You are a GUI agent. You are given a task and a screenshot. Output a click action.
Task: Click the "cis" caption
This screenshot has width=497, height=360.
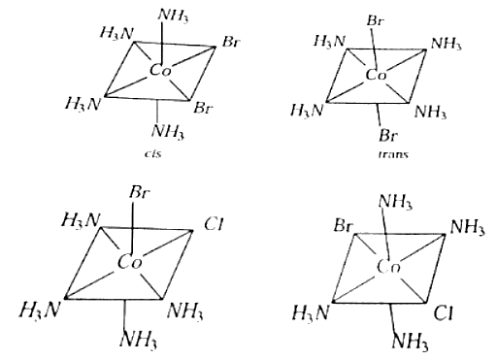click(x=152, y=154)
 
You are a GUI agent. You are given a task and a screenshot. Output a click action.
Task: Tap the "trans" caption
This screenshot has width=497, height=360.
click(x=393, y=154)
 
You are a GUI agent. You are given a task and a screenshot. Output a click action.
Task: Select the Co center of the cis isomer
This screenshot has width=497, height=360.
click(x=160, y=70)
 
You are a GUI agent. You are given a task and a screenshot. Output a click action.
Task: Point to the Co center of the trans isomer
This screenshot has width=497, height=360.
click(x=376, y=75)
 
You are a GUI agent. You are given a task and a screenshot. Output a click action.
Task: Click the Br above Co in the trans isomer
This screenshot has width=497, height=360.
click(x=376, y=21)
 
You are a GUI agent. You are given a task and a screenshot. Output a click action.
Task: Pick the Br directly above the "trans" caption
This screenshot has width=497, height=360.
click(x=388, y=135)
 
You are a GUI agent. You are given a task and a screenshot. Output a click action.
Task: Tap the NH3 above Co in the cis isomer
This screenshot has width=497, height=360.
click(x=173, y=16)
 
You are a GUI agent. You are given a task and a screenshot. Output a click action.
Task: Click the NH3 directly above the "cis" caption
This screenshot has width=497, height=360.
click(x=168, y=131)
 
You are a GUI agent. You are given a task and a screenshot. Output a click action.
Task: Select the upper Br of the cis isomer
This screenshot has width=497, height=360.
click(x=231, y=42)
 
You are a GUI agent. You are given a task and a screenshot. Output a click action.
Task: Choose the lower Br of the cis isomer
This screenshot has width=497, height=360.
click(x=203, y=108)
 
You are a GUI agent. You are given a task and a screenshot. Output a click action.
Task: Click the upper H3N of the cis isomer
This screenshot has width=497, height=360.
click(x=116, y=33)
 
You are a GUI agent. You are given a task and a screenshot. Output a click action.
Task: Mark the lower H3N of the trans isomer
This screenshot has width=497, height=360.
click(x=307, y=111)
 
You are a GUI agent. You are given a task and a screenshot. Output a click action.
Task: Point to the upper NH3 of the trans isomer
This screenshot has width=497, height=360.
click(x=446, y=44)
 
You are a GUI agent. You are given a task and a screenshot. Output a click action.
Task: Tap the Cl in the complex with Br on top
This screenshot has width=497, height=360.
click(x=214, y=224)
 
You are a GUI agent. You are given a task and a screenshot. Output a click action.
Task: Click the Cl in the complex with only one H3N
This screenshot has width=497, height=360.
click(x=444, y=313)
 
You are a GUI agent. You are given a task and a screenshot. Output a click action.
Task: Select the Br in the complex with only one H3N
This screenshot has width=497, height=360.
click(x=343, y=225)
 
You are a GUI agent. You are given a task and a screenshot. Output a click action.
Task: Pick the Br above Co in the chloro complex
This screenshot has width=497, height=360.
click(x=140, y=193)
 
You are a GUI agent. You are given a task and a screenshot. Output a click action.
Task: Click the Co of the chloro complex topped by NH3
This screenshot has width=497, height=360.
click(x=388, y=267)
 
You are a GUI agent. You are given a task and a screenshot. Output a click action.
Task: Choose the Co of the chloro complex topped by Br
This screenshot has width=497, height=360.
click(x=130, y=262)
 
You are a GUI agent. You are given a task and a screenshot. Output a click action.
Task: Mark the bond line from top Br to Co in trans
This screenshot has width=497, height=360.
click(x=374, y=48)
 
